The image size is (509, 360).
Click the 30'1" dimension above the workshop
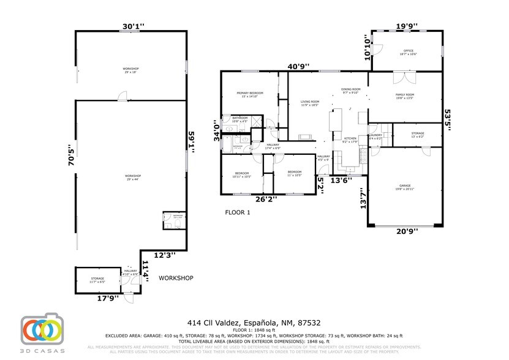tap(133, 26)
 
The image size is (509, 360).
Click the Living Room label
tap(310, 103)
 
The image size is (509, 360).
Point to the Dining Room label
tap(351, 91)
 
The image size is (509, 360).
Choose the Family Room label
tap(405, 96)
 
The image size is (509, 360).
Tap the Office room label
tap(408, 52)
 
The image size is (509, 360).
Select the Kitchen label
tap(350, 140)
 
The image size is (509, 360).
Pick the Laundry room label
tap(375, 137)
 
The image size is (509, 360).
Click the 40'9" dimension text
tap(299, 66)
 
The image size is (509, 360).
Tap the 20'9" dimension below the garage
tap(407, 231)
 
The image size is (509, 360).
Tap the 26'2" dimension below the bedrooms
tap(266, 198)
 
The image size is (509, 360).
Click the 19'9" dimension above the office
tap(407, 26)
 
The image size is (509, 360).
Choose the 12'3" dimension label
tap(164, 254)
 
